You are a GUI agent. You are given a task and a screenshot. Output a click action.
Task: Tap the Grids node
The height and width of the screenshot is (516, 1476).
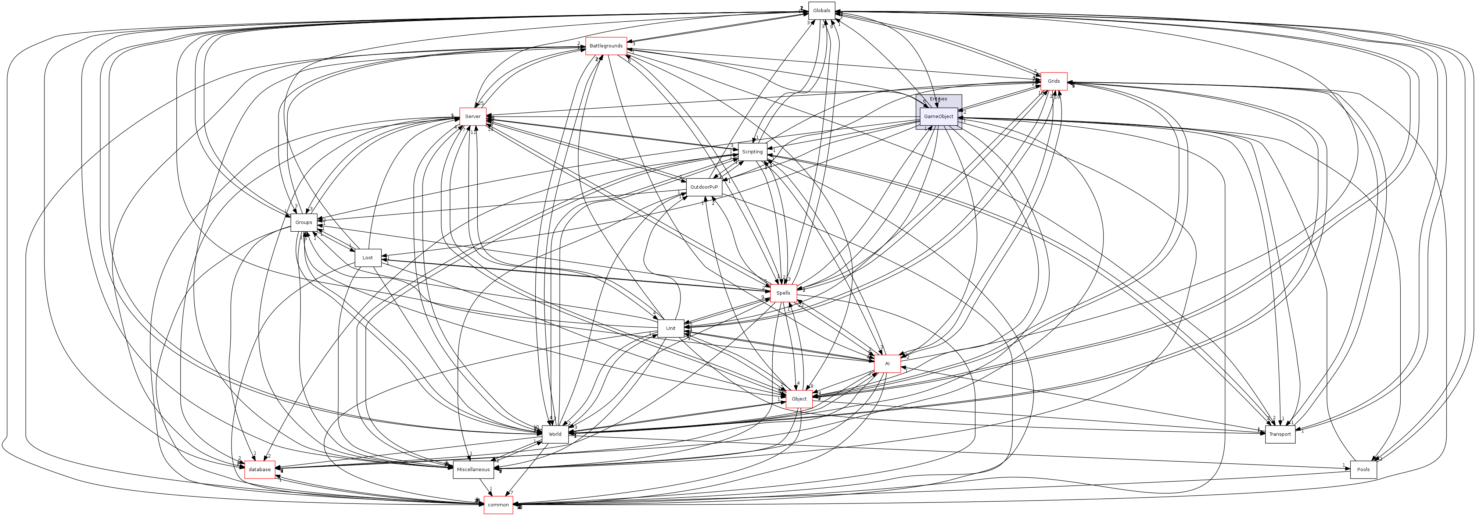(1054, 81)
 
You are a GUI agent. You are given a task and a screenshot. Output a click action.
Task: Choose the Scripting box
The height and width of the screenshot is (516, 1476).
(752, 152)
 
